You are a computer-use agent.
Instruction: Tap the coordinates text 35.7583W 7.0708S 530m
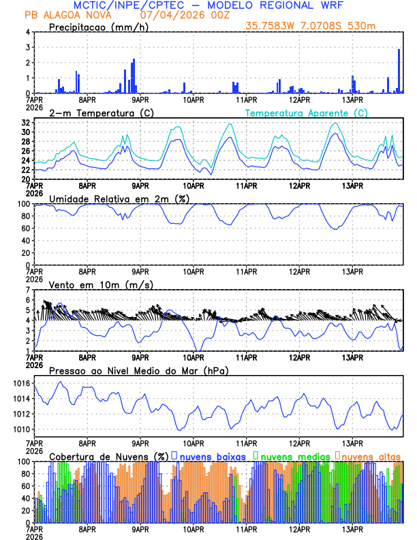(x=311, y=26)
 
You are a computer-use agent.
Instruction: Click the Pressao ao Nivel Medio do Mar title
(x=138, y=370)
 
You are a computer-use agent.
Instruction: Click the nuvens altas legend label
(x=371, y=455)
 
